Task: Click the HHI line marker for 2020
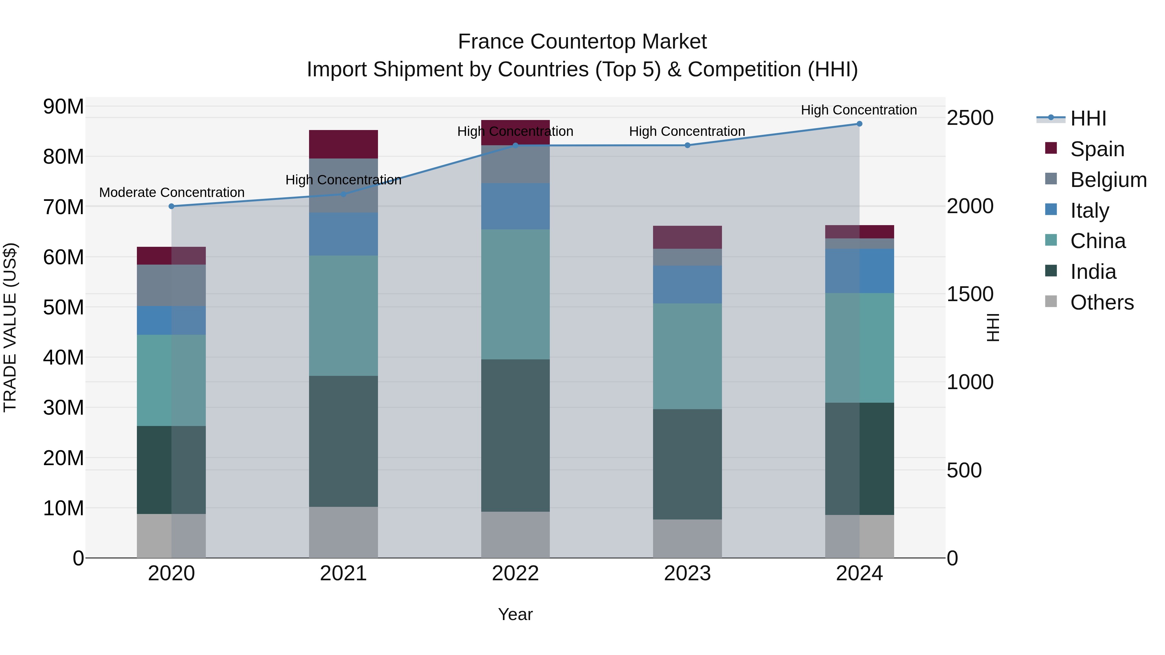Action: coord(172,206)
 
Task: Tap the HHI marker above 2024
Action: coord(859,124)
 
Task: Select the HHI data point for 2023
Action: coord(687,145)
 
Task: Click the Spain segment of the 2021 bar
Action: coord(343,144)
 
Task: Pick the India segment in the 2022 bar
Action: coord(515,435)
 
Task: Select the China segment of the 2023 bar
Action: coord(687,356)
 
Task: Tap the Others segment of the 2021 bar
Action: coord(343,532)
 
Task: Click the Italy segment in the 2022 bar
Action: coord(515,206)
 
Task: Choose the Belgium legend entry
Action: coord(1108,180)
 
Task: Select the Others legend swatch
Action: coord(1051,301)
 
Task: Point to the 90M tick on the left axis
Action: coord(63,107)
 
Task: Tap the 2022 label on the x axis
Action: coord(515,573)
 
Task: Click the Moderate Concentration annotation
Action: coord(172,192)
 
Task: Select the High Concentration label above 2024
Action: coord(859,110)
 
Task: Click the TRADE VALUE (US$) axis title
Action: coord(10,327)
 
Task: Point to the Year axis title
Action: coord(515,614)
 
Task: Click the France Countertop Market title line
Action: coord(582,42)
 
